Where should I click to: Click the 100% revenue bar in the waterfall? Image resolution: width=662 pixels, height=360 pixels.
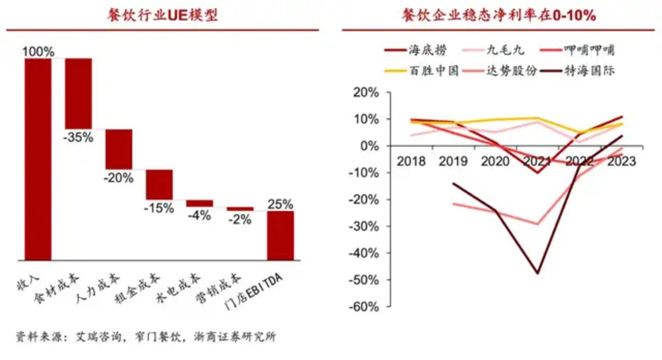pos(38,159)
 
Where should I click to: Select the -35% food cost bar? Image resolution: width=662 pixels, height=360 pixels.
pos(78,93)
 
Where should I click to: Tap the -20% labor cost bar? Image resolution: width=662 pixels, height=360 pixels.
pos(119,149)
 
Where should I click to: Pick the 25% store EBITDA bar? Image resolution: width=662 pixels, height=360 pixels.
pos(280,235)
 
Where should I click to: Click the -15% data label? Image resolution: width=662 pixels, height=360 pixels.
pos(159,208)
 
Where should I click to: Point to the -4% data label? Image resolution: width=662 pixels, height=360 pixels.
pos(200,215)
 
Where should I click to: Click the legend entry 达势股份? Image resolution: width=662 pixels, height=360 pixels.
pos(512,71)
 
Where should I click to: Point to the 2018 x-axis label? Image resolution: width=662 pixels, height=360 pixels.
pos(411,161)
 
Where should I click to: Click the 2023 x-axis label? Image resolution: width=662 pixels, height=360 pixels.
pos(621,161)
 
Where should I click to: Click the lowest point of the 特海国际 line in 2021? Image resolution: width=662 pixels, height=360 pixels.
pos(538,273)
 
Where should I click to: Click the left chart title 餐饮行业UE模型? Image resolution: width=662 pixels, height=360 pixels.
pos(162,16)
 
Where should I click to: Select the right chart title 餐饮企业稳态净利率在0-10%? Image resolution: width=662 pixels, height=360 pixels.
pos(499,16)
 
